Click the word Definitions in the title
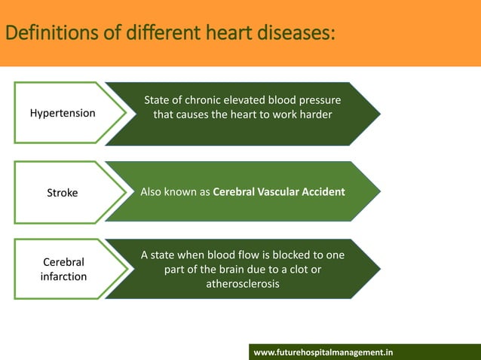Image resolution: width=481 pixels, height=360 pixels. pos(44,33)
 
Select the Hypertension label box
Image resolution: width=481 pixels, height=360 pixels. pos(63,113)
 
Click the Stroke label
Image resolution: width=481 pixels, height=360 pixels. pos(63,192)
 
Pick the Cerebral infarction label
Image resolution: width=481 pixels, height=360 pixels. pos(63,270)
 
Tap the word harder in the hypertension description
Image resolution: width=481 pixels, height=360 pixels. pos(314,114)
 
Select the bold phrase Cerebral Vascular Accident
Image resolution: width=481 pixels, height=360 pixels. pos(279,192)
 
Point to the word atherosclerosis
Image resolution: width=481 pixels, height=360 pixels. pos(243,285)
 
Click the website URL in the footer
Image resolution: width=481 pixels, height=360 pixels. pos(323,352)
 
